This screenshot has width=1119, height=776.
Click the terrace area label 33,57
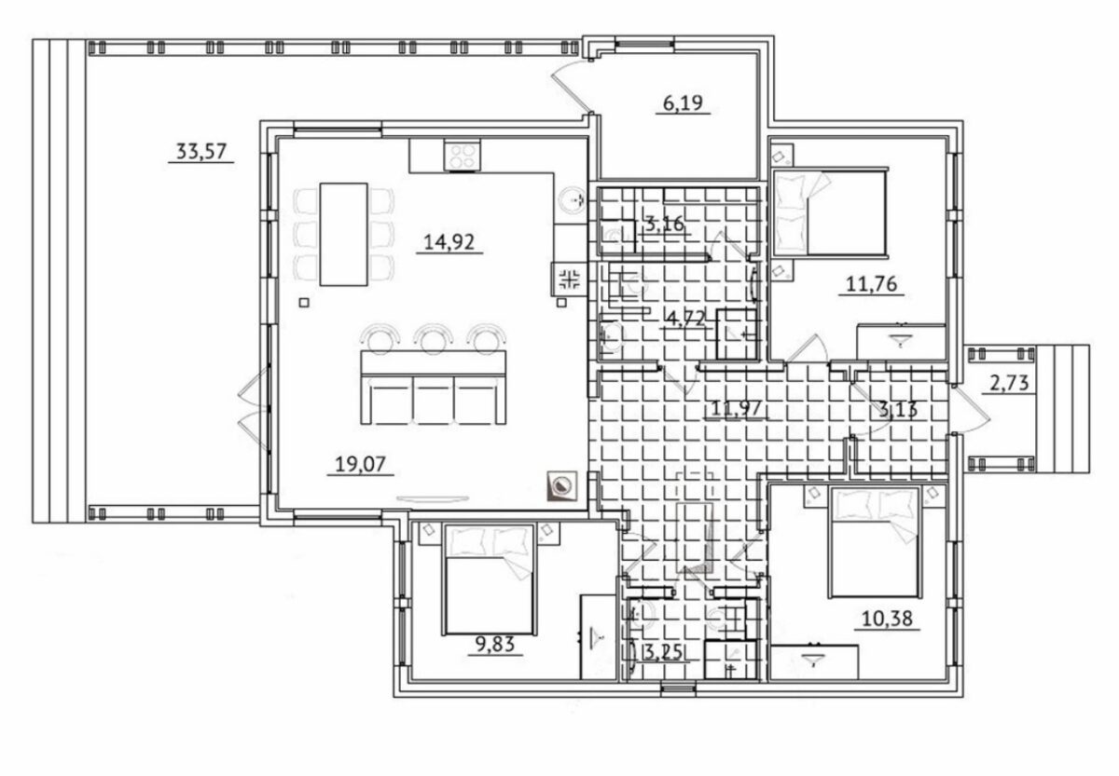click(x=201, y=151)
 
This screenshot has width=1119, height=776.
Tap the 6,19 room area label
click(x=683, y=102)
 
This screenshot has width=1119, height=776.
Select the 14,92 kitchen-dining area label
click(x=449, y=242)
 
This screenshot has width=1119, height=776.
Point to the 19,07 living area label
click(x=360, y=465)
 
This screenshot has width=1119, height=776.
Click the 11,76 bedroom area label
click(x=872, y=284)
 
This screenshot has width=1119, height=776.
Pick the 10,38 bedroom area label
click(x=887, y=619)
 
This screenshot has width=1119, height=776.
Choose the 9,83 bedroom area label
click(x=494, y=645)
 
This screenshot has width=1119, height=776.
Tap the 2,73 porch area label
click(x=1009, y=383)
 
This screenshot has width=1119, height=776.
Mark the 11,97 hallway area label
click(x=736, y=408)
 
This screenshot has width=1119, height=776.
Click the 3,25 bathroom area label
click(x=662, y=652)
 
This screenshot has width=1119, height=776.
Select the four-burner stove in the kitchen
click(x=463, y=156)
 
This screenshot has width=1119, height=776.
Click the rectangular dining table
click(x=344, y=234)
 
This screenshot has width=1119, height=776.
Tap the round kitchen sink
click(x=571, y=200)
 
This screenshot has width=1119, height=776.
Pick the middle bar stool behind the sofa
click(x=433, y=338)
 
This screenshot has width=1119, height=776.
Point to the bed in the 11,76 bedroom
click(x=830, y=213)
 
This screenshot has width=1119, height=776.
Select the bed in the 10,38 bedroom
click(x=875, y=542)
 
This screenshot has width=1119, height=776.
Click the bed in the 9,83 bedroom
click(x=489, y=579)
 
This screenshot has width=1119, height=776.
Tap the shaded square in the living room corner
click(x=562, y=486)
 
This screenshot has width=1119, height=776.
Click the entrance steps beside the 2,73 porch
click(x=1062, y=409)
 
